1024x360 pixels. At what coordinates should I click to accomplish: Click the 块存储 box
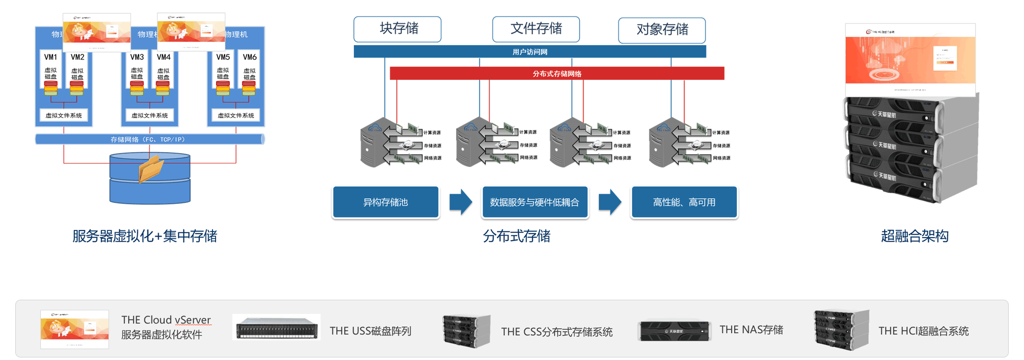(x=397, y=29)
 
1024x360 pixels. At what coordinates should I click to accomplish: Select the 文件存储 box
(x=536, y=29)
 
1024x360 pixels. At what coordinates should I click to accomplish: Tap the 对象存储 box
(x=662, y=30)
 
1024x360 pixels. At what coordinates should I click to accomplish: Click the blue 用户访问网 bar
(x=529, y=52)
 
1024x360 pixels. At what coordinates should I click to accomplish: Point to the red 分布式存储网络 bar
(x=557, y=74)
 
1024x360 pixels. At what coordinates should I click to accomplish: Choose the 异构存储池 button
(x=386, y=202)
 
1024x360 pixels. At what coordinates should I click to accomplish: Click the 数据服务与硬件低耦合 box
(x=535, y=202)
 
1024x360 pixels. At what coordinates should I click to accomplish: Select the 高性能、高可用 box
(x=684, y=202)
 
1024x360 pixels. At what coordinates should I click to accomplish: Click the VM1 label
(x=51, y=57)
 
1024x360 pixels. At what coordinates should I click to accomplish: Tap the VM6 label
(x=250, y=57)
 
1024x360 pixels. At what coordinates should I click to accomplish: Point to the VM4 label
(x=164, y=57)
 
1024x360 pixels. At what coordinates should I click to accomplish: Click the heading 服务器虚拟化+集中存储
(x=145, y=236)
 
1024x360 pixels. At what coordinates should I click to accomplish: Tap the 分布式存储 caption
(x=517, y=236)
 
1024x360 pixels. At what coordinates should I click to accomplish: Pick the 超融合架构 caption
(x=914, y=236)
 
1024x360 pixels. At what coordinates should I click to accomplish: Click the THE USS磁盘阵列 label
(x=370, y=331)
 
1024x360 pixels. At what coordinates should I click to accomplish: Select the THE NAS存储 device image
(x=675, y=331)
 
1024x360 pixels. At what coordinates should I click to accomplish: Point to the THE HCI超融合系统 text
(x=923, y=331)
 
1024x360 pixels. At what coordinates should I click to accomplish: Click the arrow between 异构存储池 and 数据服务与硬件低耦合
(x=460, y=202)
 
